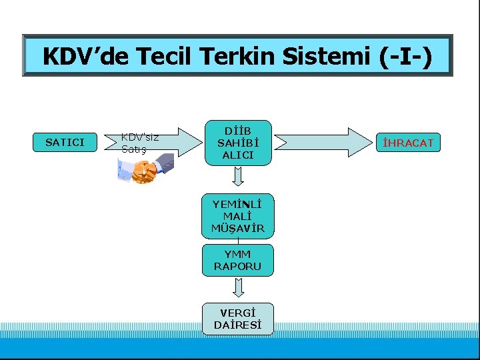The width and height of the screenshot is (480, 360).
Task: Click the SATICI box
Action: pyautogui.click(x=65, y=142)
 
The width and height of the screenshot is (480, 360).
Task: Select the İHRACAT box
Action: pyautogui.click(x=407, y=143)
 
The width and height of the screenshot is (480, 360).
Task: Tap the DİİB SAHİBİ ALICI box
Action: pyautogui.click(x=238, y=142)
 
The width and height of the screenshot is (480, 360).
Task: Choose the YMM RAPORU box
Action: pyautogui.click(x=238, y=260)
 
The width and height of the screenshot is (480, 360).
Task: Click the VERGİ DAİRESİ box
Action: pyautogui.click(x=238, y=319)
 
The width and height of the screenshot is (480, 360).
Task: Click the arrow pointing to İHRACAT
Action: pyautogui.click(x=325, y=141)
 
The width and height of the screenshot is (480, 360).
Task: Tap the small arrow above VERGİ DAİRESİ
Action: pyautogui.click(x=238, y=288)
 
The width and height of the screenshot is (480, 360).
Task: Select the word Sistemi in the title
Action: pyautogui.click(x=325, y=56)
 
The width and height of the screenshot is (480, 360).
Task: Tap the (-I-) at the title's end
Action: pyautogui.click(x=405, y=56)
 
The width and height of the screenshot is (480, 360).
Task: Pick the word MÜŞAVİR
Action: pyautogui.click(x=238, y=228)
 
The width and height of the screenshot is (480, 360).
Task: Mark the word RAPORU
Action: pyautogui.click(x=238, y=266)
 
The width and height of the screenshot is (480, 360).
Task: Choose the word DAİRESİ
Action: pyautogui.click(x=238, y=325)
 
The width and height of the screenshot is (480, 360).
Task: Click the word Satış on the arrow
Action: pyautogui.click(x=133, y=149)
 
